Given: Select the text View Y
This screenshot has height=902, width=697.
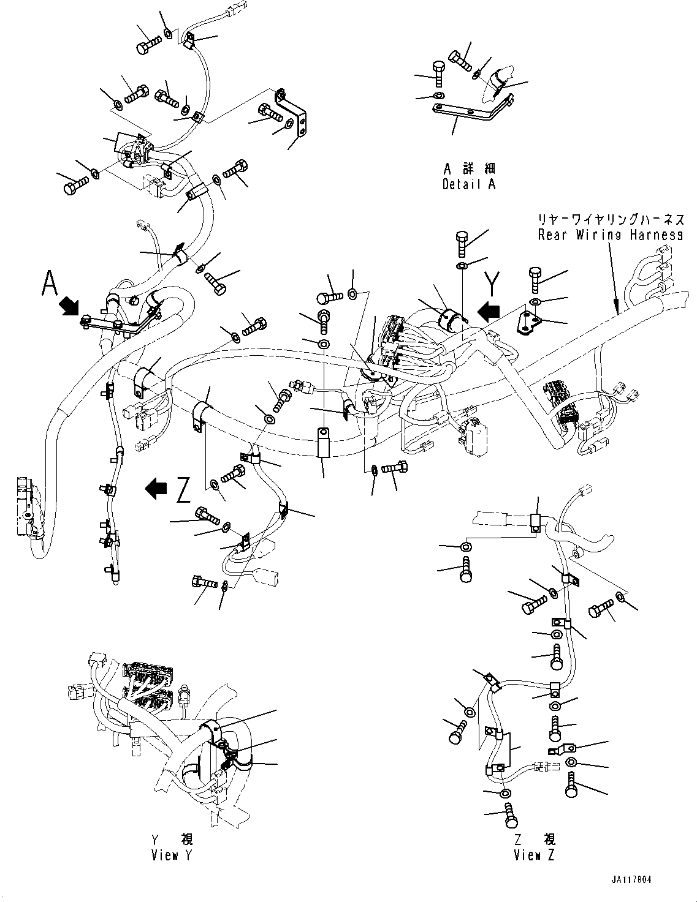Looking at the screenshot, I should pyautogui.click(x=172, y=855).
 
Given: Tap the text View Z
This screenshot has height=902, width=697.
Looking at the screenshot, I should pyautogui.click(x=535, y=855).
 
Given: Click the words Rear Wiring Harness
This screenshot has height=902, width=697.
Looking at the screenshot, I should pyautogui.click(x=611, y=235).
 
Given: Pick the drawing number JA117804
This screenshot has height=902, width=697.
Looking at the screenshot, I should pyautogui.click(x=630, y=879).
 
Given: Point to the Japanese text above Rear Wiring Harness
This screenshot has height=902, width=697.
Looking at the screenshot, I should pyautogui.click(x=611, y=219).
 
